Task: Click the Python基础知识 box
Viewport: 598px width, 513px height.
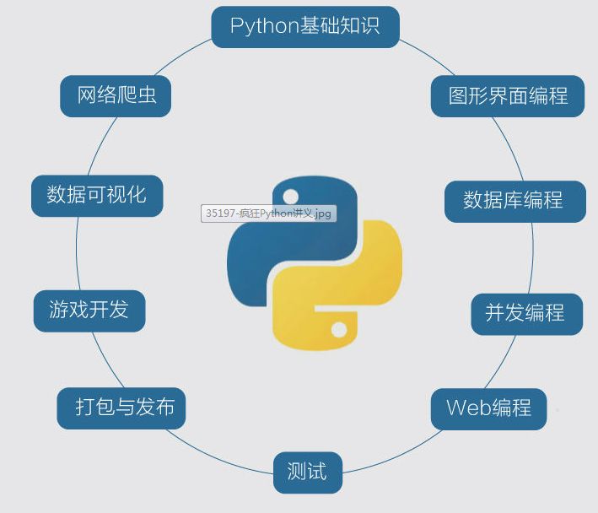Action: click(x=305, y=27)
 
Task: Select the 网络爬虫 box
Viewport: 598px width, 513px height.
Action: click(x=116, y=96)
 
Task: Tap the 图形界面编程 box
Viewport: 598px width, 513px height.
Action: click(x=508, y=96)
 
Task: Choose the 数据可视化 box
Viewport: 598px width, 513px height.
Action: click(x=97, y=196)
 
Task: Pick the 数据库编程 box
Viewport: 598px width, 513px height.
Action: click(x=515, y=202)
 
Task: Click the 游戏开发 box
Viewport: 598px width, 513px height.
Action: click(x=89, y=311)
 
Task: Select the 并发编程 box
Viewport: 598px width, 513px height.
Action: click(x=527, y=314)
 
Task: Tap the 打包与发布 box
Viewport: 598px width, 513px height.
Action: click(x=121, y=408)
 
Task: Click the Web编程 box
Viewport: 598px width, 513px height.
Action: click(x=489, y=409)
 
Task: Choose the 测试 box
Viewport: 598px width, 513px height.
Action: click(x=308, y=472)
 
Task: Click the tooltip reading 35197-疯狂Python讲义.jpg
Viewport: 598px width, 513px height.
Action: click(x=269, y=213)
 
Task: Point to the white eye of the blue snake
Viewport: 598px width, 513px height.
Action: click(x=291, y=197)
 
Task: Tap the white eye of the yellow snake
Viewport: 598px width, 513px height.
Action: click(x=339, y=330)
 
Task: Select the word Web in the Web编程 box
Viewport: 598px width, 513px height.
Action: click(x=468, y=408)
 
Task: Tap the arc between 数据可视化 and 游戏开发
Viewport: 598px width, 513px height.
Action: click(x=77, y=254)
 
